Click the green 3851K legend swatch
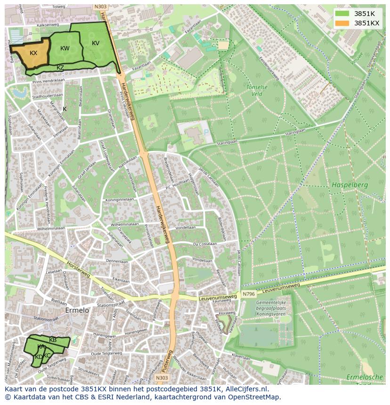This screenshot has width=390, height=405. (x=342, y=14)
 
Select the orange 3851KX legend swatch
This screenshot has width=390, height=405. (x=342, y=23)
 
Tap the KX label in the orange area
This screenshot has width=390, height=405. (x=33, y=53)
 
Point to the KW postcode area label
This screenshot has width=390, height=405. (x=65, y=48)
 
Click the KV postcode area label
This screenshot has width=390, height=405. (x=96, y=43)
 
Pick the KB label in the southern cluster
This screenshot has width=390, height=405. (x=53, y=340)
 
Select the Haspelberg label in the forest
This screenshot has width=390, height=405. (x=349, y=185)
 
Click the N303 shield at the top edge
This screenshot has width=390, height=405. (x=100, y=7)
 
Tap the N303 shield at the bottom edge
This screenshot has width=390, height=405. (x=162, y=378)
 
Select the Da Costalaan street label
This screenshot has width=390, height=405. (x=205, y=244)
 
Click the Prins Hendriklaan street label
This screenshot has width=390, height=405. (x=48, y=80)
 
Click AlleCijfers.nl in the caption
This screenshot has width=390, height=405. (x=245, y=389)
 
